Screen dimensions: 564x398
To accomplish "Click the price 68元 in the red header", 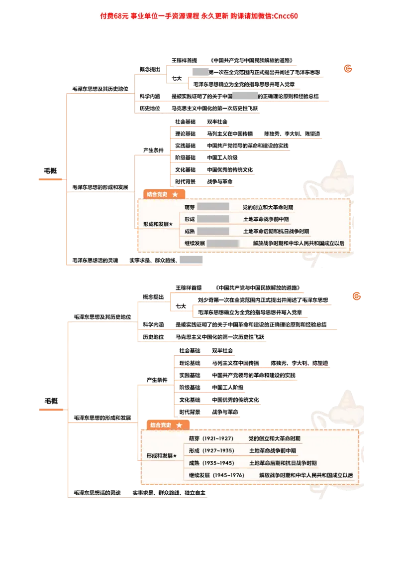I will (x=122, y=16).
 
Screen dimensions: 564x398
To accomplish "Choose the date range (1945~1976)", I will (x=228, y=475).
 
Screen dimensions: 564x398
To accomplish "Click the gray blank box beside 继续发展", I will (x=222, y=244).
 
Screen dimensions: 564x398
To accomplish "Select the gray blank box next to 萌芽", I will (x=212, y=207).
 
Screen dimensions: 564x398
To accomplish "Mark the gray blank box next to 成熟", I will (x=212, y=231).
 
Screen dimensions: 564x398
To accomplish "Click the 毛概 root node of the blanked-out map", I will (x=50, y=170).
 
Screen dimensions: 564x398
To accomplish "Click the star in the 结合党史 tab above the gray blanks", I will (x=175, y=194).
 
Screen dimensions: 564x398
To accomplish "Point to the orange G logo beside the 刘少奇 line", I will (x=356, y=297).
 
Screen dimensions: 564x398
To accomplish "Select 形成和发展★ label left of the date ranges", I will (x=162, y=456).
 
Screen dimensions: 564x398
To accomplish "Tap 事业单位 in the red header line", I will (x=148, y=16).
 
